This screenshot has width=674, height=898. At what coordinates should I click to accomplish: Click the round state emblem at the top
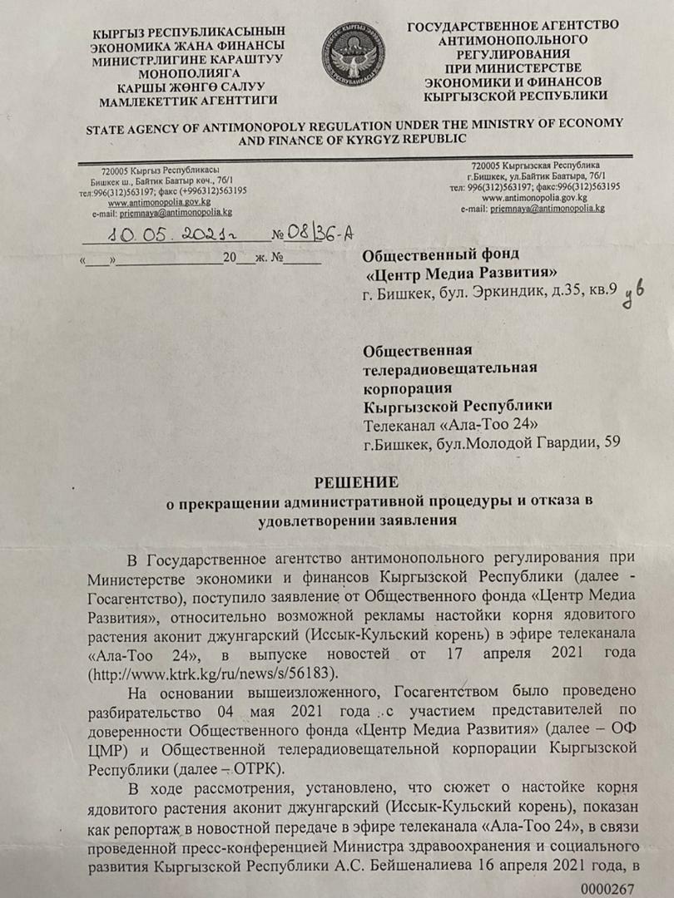(354, 56)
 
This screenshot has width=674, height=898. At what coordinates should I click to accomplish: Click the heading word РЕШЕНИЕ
(354, 482)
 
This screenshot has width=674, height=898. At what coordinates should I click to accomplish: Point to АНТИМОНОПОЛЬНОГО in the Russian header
(513, 38)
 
